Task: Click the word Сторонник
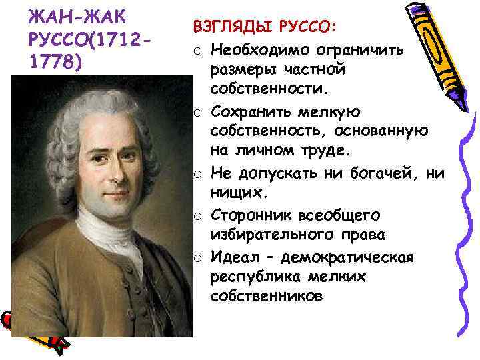253,215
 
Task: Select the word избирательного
280,235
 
